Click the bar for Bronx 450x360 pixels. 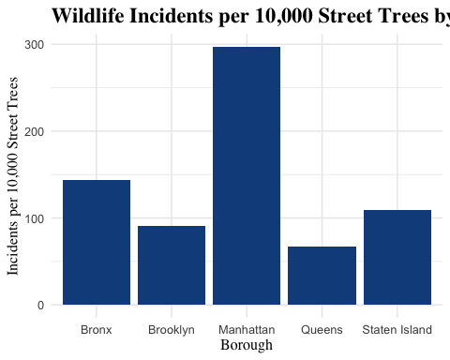pos(97,242)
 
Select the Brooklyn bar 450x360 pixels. pos(172,265)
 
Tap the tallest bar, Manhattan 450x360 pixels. pos(247,175)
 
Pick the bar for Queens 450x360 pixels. pos(322,276)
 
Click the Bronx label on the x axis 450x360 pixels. pos(97,330)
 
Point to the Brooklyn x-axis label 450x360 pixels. pos(172,330)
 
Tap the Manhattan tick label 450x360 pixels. pos(247,330)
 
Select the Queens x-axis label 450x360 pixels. pos(322,330)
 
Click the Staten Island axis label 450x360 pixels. pos(397,330)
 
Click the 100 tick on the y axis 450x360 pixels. pos(36,218)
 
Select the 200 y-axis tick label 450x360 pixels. pos(36,131)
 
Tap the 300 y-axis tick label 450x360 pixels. pos(36,45)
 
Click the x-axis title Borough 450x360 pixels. pos(247,345)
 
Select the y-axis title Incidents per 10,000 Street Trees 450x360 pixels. pos(13,174)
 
